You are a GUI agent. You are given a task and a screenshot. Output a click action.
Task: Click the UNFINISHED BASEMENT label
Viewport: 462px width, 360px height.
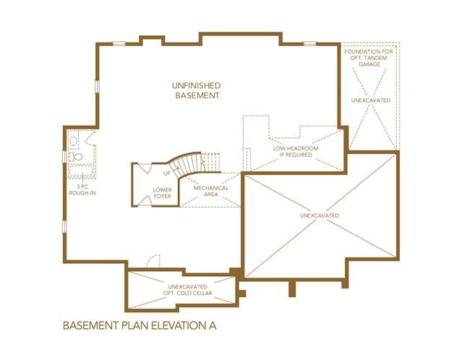coord(197,90)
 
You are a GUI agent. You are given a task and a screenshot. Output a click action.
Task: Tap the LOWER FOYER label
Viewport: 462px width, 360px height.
coord(162,193)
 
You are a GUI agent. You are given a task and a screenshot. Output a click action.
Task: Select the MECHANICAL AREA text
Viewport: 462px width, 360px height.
coord(211,191)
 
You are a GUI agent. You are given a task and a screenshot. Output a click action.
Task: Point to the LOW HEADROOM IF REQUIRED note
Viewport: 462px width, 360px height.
coord(296,151)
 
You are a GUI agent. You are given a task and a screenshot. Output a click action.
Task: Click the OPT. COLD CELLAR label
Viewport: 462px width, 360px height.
coord(188,293)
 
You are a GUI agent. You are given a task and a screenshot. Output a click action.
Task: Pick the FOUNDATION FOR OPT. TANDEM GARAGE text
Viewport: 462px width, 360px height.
coord(369,58)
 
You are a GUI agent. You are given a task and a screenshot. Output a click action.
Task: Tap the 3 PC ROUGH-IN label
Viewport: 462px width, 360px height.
coord(82,189)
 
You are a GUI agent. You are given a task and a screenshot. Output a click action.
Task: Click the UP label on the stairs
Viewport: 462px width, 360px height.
coord(167,173)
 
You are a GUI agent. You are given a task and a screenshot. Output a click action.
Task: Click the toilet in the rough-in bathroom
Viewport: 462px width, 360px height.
coord(77,156)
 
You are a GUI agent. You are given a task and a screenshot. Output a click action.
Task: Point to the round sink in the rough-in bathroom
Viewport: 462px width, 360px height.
coord(74,141)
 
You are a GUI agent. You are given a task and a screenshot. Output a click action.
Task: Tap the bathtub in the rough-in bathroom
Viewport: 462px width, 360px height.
coord(81,171)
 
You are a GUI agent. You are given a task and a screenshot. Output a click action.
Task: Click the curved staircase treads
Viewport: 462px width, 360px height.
coord(187,164)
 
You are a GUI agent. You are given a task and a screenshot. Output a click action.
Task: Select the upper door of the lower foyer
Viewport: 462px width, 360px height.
coord(145,168)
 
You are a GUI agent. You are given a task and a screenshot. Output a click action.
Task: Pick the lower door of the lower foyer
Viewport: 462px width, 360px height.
coord(145,201)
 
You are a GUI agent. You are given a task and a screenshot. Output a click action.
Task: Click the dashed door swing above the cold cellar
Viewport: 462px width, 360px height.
coord(153,261)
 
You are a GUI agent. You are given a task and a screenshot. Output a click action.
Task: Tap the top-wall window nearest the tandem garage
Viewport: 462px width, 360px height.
coord(310,43)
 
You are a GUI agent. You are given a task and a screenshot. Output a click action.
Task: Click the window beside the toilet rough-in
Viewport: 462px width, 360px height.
coord(64,156)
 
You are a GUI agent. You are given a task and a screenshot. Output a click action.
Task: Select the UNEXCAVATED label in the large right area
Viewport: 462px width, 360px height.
coord(320,215)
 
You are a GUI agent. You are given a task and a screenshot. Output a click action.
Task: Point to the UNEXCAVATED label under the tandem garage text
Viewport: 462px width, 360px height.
coord(371,100)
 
